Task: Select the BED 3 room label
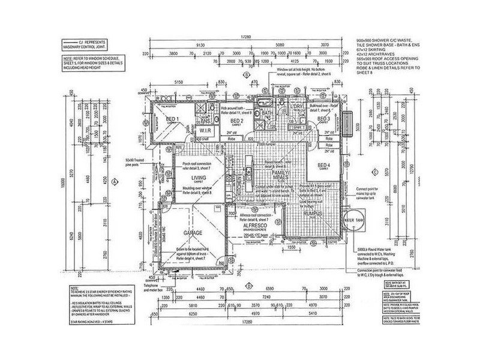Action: (324, 119)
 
